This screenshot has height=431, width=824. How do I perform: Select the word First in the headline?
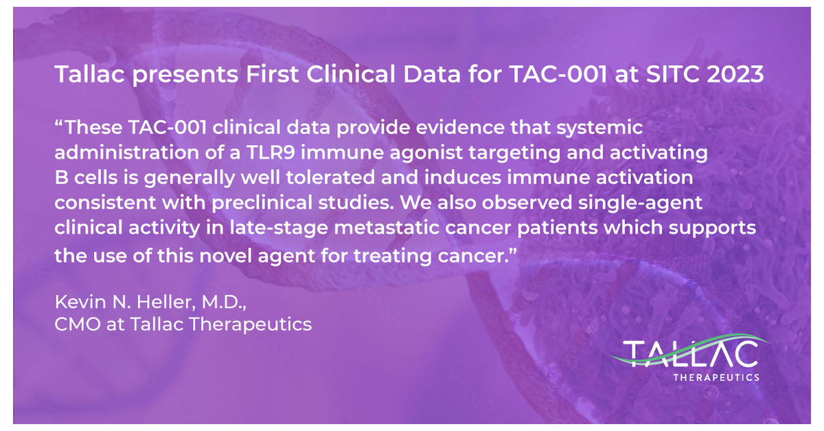click(x=272, y=74)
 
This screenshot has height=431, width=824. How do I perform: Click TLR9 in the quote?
click(x=271, y=152)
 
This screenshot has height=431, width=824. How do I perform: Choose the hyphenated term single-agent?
click(x=640, y=203)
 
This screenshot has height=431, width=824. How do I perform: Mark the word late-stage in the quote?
click(x=279, y=228)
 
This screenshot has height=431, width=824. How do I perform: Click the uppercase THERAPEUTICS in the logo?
click(x=716, y=377)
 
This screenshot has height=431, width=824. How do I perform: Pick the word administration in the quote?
click(x=127, y=152)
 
